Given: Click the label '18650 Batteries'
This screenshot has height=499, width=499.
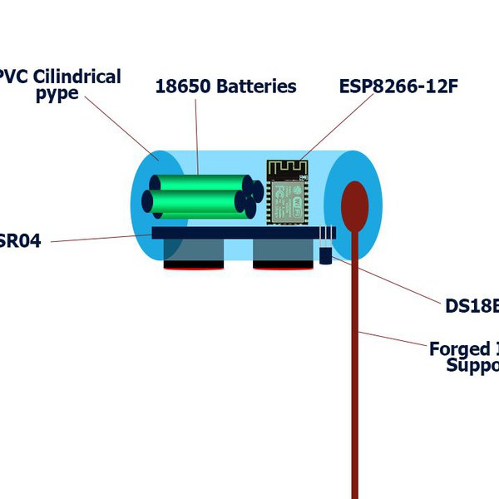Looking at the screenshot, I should click(x=225, y=86).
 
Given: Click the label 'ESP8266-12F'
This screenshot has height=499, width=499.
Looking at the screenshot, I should click(x=398, y=86).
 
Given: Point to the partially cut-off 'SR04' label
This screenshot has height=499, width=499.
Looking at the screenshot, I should click(x=20, y=243).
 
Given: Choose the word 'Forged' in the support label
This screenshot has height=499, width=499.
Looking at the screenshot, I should click(x=459, y=348).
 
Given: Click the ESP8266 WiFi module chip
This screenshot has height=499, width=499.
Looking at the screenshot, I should click(x=287, y=201).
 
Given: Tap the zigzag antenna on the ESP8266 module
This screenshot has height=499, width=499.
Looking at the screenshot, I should click(x=287, y=169).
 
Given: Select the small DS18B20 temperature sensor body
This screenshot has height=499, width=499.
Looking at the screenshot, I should click(x=326, y=254).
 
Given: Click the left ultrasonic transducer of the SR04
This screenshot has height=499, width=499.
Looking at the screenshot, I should click(x=194, y=253).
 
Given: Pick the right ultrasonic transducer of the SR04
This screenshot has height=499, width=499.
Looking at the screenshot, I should click(x=283, y=253).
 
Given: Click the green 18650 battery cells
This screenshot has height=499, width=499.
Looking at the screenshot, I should click(x=195, y=195).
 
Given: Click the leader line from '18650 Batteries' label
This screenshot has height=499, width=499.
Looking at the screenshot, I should click(x=198, y=133).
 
